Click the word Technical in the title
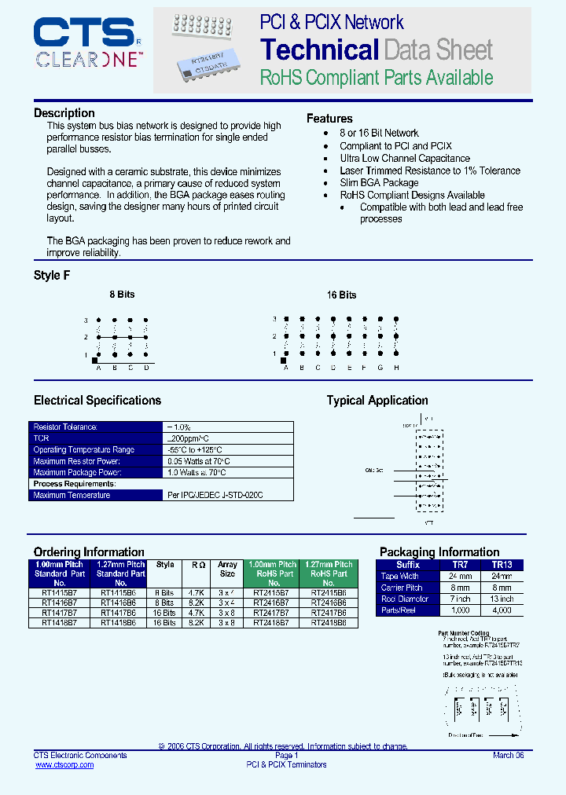[319, 49]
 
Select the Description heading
[64, 113]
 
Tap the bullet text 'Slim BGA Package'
[379, 182]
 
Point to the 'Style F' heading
[52, 276]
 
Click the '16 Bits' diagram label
[341, 295]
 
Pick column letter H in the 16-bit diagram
[396, 368]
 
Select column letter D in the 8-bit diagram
[146, 368]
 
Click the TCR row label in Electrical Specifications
[41, 438]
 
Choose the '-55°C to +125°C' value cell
[199, 449]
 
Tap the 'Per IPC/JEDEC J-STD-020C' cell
[215, 496]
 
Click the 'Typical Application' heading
[377, 401]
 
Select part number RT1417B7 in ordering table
[60, 613]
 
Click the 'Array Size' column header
[227, 569]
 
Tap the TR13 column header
[502, 565]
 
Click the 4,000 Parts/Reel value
[502, 610]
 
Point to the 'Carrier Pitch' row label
[402, 588]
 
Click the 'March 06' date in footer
[508, 755]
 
